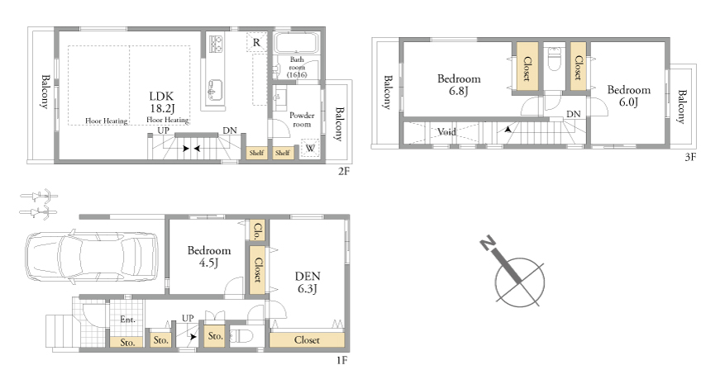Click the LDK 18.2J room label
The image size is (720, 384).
162,102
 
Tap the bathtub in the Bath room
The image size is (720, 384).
296,44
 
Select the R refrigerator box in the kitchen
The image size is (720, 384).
256,43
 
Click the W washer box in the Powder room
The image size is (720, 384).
311,148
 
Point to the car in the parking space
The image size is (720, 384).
91,257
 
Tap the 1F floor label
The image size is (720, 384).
341,360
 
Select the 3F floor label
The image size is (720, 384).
690,157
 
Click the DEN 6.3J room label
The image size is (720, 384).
308,282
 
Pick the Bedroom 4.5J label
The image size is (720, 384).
209,257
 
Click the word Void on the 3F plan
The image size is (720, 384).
446,132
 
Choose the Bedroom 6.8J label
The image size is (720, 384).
459,85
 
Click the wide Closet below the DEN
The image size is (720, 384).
307,340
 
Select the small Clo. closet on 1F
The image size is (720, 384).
257,230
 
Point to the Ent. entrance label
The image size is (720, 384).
127,320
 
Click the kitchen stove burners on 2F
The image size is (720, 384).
216,44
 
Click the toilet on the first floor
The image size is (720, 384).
241,336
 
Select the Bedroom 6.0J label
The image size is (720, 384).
628,96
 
